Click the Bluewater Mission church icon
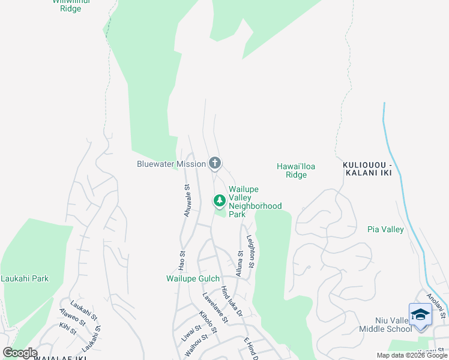tap(215, 163)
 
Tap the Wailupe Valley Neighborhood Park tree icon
tap(220, 200)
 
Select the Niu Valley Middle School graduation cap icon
tap(420, 315)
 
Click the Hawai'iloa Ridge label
tap(296, 170)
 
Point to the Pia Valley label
tap(385, 229)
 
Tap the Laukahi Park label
tap(25, 278)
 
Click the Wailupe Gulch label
tap(193, 278)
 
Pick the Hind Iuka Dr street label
tap(232, 302)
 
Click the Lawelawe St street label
tap(215, 307)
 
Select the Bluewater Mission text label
tap(171, 164)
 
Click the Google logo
tap(20, 353)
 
